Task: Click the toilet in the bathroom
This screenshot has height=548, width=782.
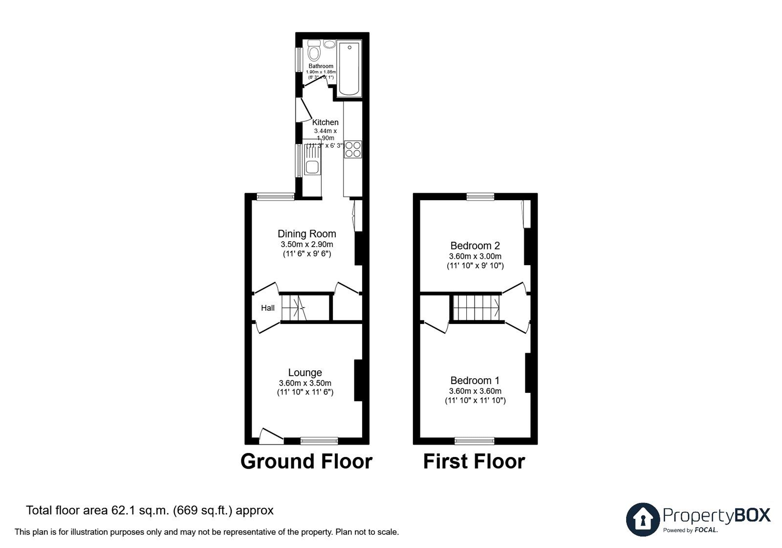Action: [314, 50]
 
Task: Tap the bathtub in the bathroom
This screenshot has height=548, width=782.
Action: [350, 69]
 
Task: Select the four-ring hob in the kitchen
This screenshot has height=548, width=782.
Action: [352, 149]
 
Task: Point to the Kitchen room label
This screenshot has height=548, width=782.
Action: [325, 122]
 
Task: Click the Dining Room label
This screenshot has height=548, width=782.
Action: [306, 234]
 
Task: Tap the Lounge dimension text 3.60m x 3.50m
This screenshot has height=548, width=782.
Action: [305, 383]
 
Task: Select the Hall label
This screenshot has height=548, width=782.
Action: [267, 308]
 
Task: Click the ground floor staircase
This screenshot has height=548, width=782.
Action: [294, 308]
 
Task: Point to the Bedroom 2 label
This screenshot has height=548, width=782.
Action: [475, 246]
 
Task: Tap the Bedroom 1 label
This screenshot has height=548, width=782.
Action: [475, 380]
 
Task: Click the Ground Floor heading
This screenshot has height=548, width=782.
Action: [306, 461]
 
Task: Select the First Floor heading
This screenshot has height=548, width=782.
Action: [474, 461]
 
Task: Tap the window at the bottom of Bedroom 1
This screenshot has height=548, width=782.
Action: [474, 441]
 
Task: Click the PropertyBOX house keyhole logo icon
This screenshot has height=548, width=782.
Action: [643, 519]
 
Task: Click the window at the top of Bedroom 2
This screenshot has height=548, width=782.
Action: [480, 197]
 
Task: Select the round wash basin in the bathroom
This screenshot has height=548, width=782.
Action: [329, 45]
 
